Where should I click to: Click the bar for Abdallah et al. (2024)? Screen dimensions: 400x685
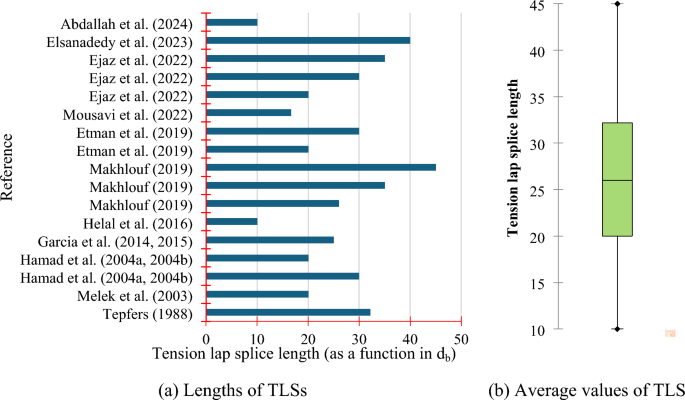(232, 22)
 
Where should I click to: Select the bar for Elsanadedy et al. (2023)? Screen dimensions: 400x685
(308, 40)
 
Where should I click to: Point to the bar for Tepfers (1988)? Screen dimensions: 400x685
(288, 312)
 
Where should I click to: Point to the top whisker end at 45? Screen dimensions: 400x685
(617, 4)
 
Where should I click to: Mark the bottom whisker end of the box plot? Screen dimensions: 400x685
(617, 329)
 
